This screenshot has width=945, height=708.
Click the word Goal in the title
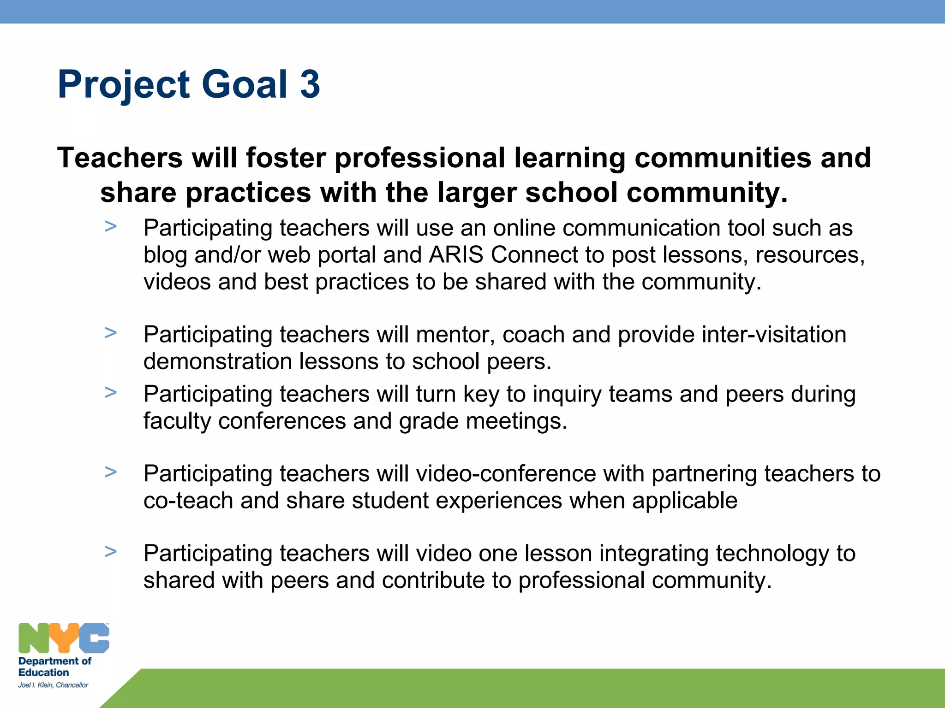click(x=245, y=84)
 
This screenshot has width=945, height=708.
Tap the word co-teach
click(x=188, y=501)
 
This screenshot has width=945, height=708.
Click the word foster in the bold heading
click(x=286, y=158)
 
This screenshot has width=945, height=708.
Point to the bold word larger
click(x=476, y=193)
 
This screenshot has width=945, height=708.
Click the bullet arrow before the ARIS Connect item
click(x=111, y=227)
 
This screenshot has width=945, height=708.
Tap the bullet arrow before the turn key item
click(x=111, y=393)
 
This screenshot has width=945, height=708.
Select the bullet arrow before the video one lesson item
click(x=111, y=552)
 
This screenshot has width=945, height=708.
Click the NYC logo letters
click(x=64, y=638)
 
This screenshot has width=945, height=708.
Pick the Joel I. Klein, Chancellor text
click(x=53, y=685)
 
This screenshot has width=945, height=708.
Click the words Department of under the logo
click(x=54, y=661)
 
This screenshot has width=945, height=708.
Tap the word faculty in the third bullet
click(x=177, y=421)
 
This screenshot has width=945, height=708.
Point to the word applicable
click(x=684, y=501)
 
